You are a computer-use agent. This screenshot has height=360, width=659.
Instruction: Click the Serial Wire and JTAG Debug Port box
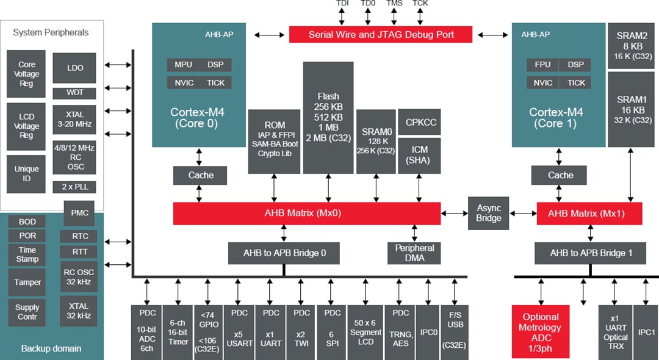click(381, 34)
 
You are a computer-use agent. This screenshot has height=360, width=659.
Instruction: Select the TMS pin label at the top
click(394, 4)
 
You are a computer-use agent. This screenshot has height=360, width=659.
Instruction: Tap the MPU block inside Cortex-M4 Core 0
click(183, 65)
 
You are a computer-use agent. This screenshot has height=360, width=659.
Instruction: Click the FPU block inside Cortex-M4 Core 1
click(542, 65)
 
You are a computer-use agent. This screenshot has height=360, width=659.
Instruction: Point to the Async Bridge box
click(488, 213)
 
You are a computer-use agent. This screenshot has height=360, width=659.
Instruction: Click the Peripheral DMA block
click(414, 253)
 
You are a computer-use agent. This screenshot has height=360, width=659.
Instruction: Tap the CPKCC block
click(419, 122)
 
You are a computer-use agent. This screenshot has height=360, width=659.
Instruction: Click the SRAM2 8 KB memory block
click(632, 46)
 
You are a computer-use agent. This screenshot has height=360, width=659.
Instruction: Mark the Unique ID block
click(26, 174)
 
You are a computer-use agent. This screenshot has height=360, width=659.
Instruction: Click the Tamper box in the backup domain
click(27, 282)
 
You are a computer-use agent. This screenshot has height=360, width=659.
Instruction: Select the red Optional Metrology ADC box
click(540, 332)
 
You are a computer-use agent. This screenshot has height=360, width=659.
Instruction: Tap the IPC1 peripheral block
click(646, 332)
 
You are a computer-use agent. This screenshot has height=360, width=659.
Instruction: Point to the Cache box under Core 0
click(200, 176)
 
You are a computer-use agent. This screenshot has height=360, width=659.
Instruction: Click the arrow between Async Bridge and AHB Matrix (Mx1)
click(523, 214)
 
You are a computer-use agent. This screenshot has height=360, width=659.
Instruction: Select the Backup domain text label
click(51, 348)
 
